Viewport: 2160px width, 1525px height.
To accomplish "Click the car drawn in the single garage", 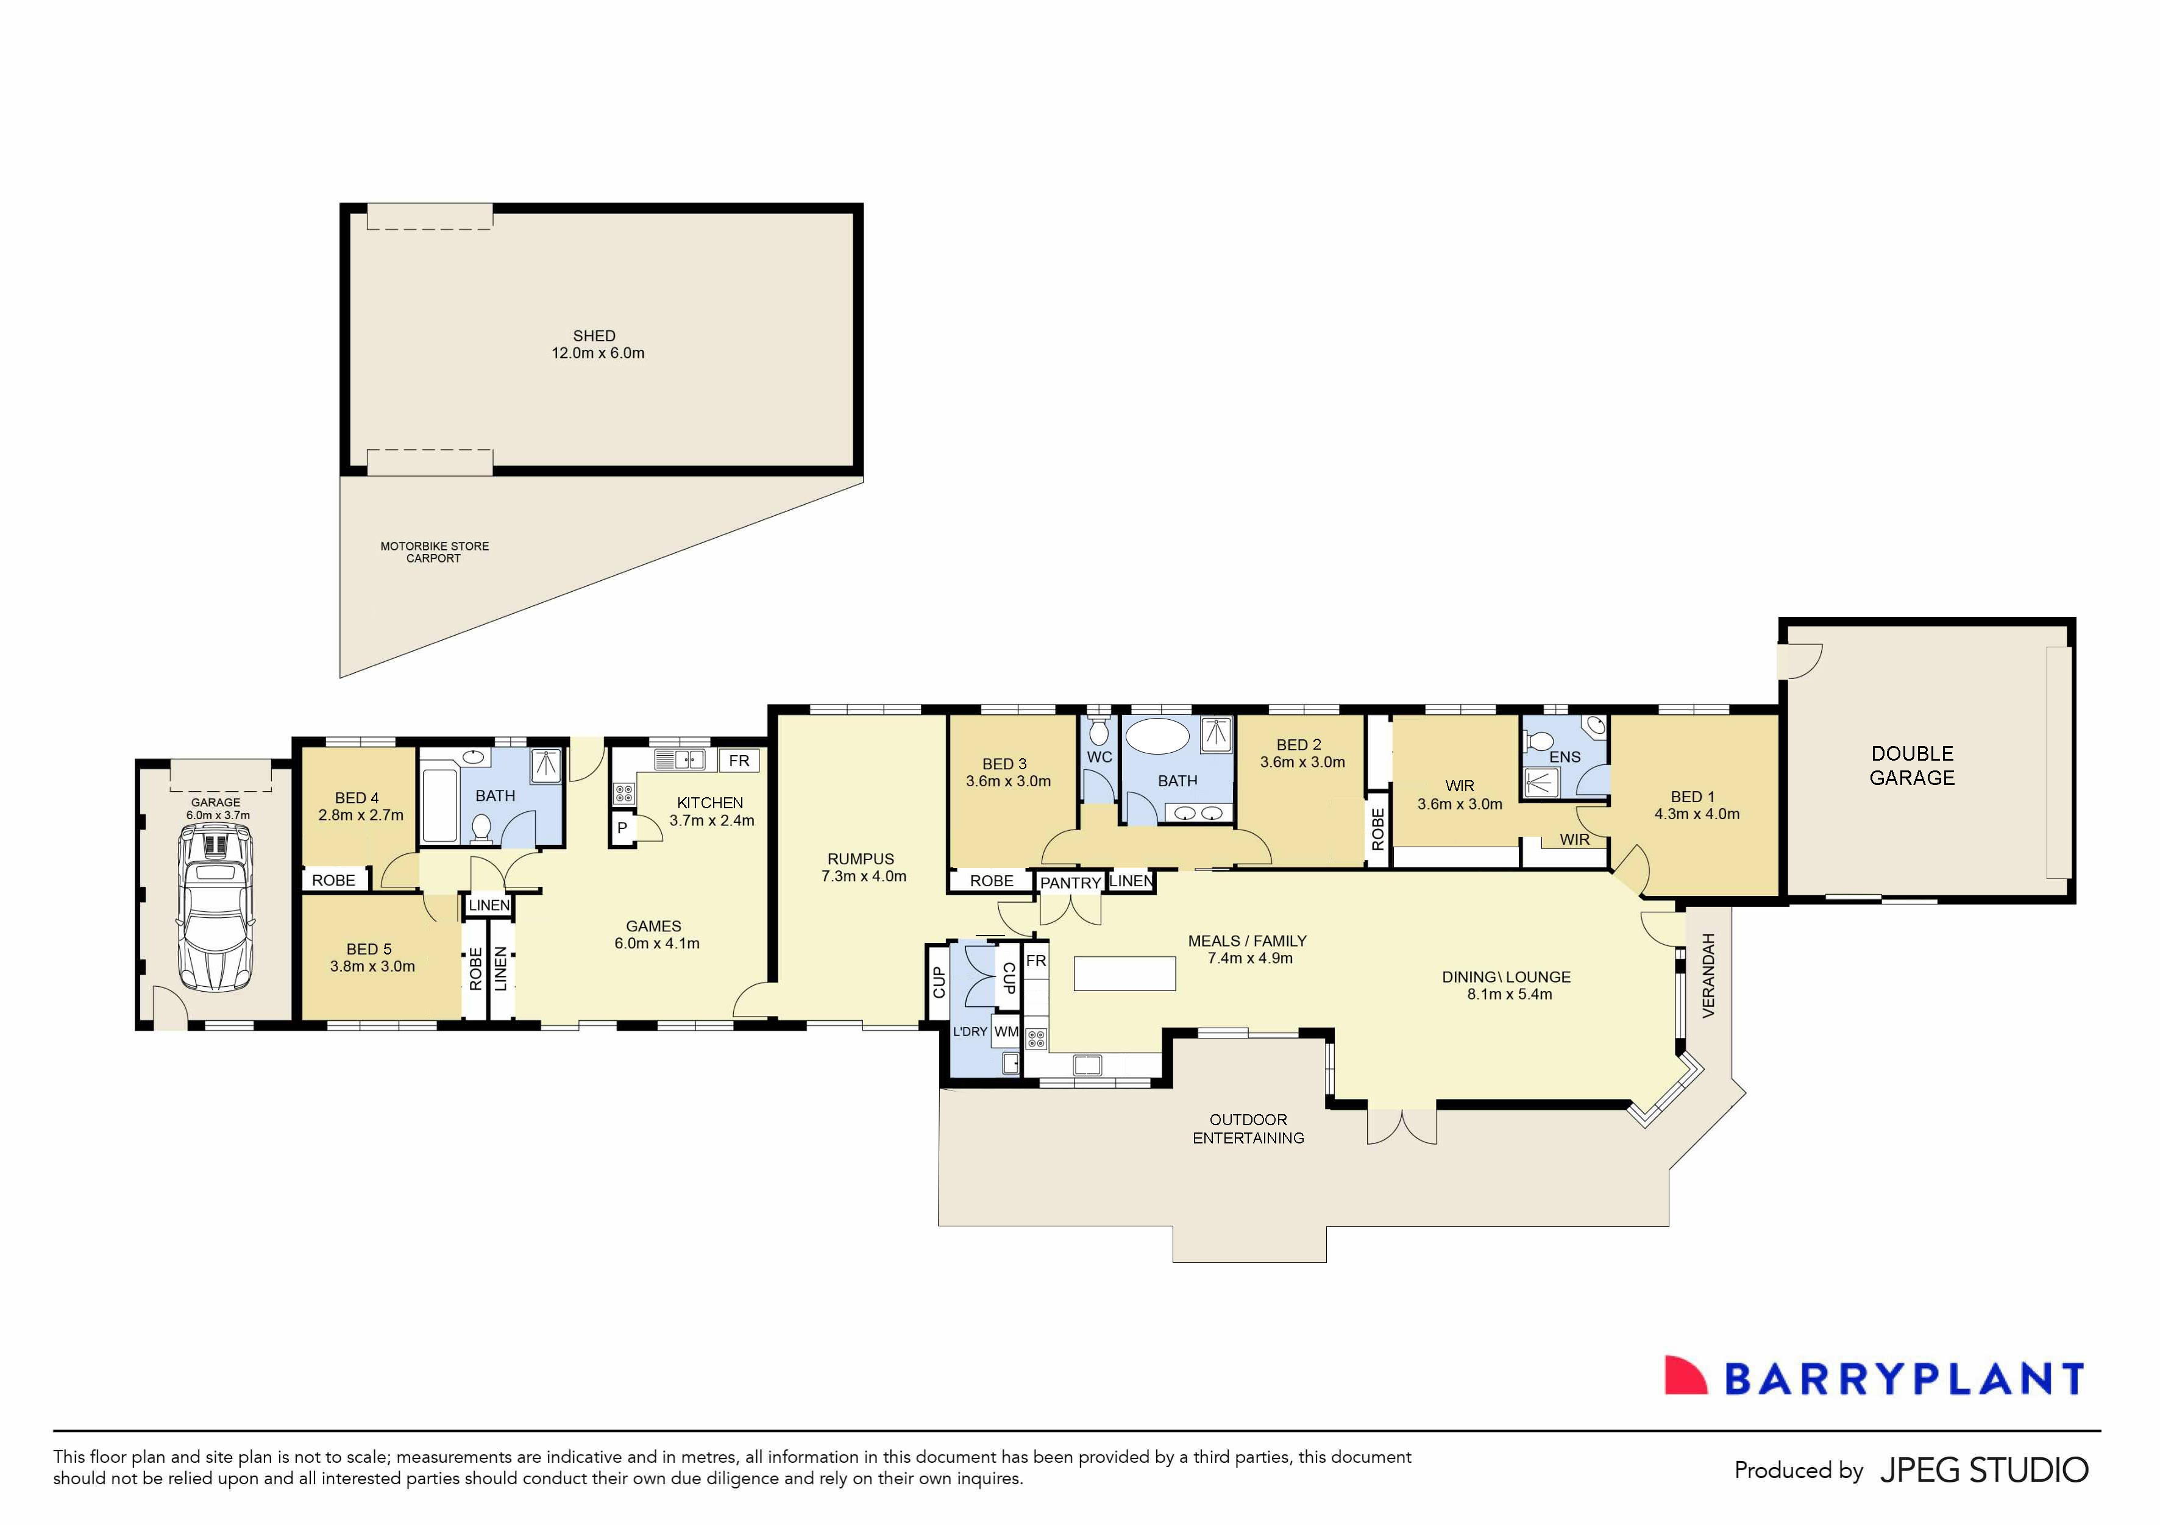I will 215,907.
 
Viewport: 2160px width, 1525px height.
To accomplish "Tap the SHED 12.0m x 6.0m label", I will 597,344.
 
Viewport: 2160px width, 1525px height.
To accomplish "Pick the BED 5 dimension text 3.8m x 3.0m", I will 372,966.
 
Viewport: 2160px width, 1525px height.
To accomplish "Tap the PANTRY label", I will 1070,883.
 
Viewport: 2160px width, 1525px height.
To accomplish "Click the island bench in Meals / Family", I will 1124,973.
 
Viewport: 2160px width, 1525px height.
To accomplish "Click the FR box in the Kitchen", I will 739,760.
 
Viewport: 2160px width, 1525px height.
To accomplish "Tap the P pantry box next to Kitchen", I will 622,828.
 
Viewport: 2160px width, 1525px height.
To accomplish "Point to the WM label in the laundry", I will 1006,1031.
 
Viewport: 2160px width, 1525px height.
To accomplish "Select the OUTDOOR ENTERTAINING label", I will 1248,1128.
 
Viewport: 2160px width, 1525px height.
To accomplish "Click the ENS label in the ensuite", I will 1565,756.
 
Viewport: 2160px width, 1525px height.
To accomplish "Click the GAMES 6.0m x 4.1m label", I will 656,934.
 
